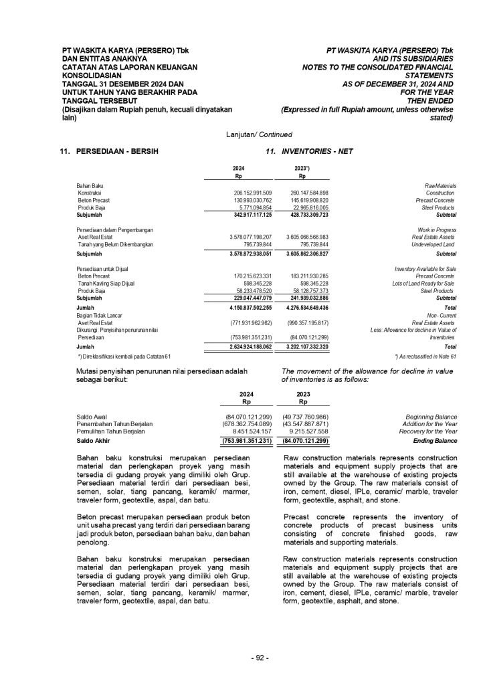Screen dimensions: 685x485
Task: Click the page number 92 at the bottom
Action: (260, 658)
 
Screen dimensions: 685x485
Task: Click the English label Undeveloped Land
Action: (434, 245)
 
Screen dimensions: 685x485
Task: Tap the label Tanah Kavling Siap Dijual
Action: (107, 282)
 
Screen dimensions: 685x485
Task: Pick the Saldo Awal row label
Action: (92, 416)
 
